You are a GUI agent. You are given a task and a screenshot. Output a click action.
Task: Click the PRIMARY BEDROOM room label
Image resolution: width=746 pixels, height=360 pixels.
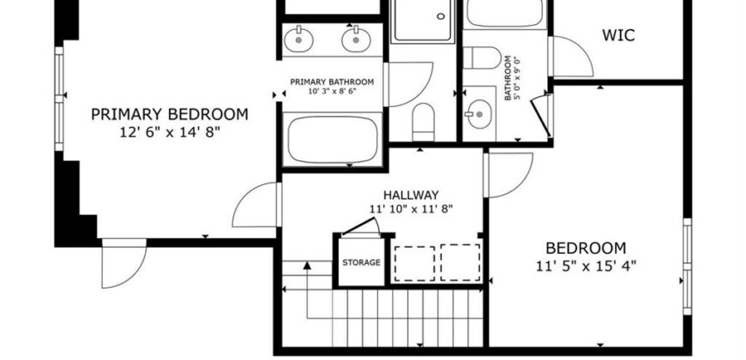coord(170,115)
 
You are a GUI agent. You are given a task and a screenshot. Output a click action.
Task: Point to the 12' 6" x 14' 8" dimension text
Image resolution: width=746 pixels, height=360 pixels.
coord(170,132)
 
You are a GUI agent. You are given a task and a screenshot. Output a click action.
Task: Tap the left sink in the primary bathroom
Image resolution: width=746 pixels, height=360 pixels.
coord(298,40)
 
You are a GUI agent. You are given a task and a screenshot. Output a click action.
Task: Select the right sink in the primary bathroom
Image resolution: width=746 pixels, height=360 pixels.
coord(356,40)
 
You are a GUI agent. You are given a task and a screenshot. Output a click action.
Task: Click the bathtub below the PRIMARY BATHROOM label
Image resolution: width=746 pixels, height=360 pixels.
coord(333,140)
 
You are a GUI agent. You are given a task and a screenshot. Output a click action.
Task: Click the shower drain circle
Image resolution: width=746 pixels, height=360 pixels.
coord(441,16)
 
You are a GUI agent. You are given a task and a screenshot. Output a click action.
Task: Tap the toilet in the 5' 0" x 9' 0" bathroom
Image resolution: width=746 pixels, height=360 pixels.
coord(482,57)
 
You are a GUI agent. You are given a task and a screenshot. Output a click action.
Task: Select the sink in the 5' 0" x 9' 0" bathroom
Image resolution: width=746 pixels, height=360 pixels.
coord(478,114)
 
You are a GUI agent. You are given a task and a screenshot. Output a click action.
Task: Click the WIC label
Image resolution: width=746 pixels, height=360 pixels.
coord(618,36)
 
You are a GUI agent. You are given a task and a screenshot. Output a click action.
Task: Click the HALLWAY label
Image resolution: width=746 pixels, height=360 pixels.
coord(411,195)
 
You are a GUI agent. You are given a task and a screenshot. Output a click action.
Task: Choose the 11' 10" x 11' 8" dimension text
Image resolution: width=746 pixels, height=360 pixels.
coord(411,209)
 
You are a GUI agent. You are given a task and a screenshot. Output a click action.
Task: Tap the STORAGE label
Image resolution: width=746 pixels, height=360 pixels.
coord(362,262)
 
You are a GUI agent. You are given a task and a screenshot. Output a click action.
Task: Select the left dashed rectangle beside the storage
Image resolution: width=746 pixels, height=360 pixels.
coord(414,263)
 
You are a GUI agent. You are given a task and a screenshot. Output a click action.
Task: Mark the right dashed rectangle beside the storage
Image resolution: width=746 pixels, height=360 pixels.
coord(460,262)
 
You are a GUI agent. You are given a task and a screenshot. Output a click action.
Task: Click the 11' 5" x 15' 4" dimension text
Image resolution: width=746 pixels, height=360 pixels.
coord(586,267)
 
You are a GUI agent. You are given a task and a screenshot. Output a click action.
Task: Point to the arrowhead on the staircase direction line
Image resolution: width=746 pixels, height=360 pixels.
coord(307,265)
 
